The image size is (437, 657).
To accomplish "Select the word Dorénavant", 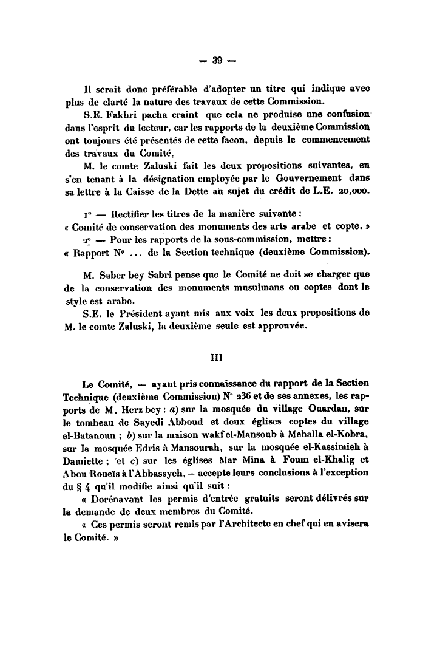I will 124,497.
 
